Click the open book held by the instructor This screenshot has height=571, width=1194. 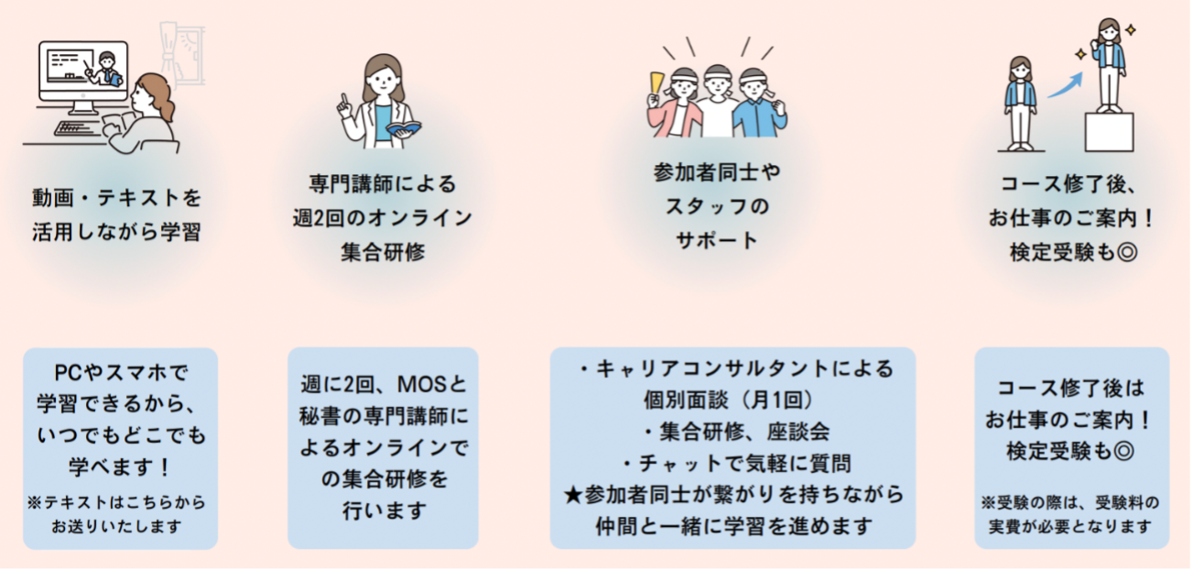point(402,128)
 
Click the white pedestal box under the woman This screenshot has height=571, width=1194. point(1110,132)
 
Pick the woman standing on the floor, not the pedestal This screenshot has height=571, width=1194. point(1020,102)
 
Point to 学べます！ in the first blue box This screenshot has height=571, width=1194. point(119,467)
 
